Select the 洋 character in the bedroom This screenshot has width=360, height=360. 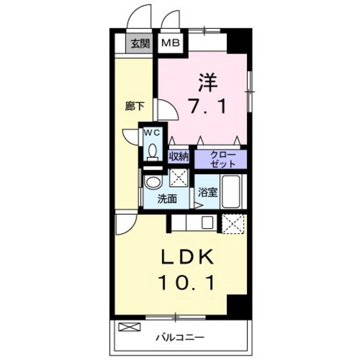[x=207, y=83]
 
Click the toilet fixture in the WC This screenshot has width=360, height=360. [x=152, y=150]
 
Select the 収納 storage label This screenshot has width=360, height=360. [x=179, y=156]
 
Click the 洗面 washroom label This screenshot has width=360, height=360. [x=168, y=199]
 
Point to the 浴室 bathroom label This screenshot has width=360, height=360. [x=206, y=192]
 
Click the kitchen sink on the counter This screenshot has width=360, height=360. [x=208, y=224]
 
